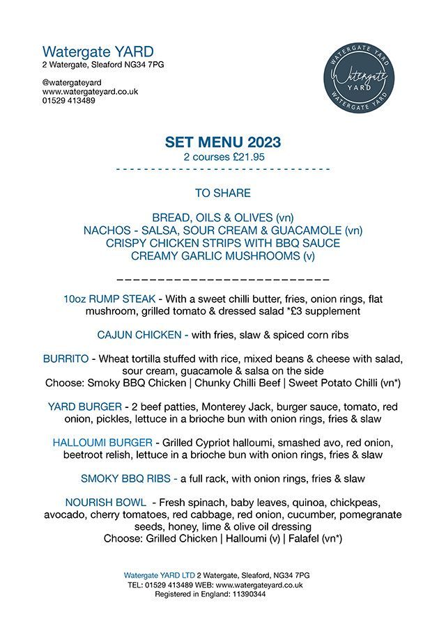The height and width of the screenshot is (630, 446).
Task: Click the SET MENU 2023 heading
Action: click(x=223, y=143)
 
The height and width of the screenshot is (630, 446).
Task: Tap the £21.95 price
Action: click(x=244, y=157)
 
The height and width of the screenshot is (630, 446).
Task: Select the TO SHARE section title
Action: click(x=223, y=193)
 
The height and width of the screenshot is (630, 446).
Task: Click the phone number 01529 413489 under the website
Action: click(x=69, y=100)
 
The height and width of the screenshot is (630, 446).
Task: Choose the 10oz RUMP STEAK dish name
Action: click(x=105, y=299)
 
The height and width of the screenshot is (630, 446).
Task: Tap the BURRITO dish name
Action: click(x=66, y=359)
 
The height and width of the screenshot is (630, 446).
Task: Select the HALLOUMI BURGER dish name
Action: click(x=102, y=443)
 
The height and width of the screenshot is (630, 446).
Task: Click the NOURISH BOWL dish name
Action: click(x=106, y=503)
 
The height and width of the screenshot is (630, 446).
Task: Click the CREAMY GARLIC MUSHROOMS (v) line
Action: click(x=223, y=255)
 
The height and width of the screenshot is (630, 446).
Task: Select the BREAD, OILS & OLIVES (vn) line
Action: click(x=223, y=217)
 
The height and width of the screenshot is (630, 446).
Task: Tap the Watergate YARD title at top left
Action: click(x=98, y=52)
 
